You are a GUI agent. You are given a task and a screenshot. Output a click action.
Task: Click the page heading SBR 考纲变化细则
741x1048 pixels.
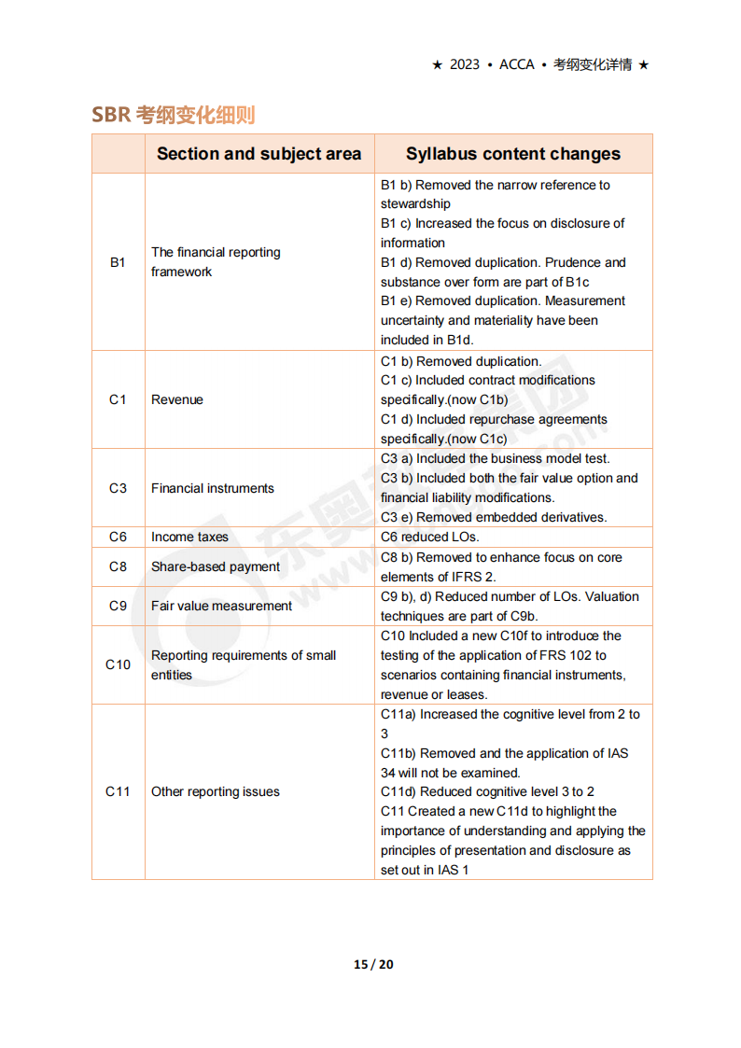pos(173,115)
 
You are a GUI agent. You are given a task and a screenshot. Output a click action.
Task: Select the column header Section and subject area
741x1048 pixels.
pos(259,154)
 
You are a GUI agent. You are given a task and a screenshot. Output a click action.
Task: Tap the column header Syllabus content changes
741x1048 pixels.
pos(512,154)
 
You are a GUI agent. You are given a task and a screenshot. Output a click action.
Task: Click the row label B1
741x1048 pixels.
pos(118,262)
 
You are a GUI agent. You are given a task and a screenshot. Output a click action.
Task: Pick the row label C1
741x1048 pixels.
pos(118,399)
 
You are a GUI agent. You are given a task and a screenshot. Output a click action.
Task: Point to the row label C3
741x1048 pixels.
pos(118,488)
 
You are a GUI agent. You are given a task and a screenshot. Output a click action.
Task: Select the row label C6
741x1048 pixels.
pos(118,537)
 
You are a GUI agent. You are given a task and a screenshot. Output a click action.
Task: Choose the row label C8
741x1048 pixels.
pos(118,566)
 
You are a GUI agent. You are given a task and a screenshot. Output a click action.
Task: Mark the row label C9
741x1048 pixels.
pos(118,606)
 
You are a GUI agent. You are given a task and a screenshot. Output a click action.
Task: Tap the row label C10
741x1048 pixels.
pos(118,664)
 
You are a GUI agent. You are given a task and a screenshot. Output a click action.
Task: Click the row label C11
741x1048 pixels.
pos(118,791)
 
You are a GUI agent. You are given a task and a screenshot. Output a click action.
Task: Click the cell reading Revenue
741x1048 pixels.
pos(177,399)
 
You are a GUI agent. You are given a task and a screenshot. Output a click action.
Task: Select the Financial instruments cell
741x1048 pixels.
pos(213,488)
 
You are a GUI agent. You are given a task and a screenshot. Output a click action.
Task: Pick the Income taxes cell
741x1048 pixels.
pos(189,537)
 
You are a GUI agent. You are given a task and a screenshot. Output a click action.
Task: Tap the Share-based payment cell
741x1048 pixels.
pos(216,566)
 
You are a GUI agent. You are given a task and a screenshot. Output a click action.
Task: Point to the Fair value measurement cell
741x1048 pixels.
pos(221,606)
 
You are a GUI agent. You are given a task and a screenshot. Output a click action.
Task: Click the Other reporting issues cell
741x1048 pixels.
pos(216,791)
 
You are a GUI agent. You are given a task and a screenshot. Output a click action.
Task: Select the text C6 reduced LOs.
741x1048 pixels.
pos(429,537)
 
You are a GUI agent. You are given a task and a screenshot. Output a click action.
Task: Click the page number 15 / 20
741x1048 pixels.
pos(373,964)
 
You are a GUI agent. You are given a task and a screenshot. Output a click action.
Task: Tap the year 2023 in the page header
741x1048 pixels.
pos(464,64)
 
